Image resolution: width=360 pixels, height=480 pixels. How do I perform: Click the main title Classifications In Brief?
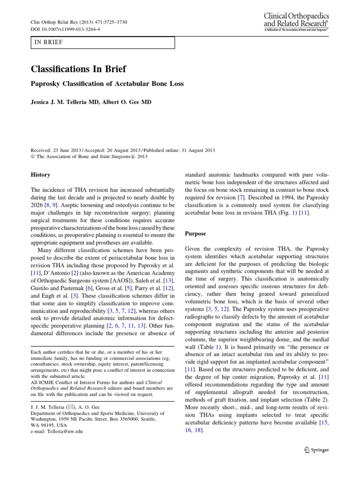click(78, 69)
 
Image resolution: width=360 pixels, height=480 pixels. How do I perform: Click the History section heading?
click(40, 175)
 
